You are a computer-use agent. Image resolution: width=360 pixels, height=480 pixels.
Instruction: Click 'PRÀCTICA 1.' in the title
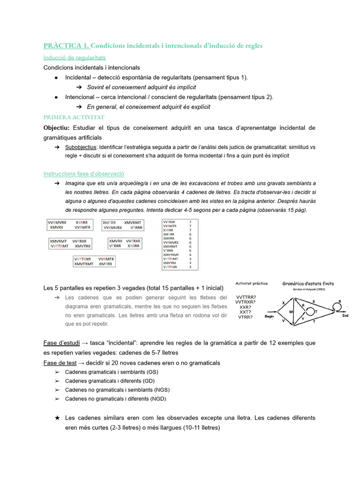point(66,45)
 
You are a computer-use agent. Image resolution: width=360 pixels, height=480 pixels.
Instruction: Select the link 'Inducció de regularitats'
point(75,58)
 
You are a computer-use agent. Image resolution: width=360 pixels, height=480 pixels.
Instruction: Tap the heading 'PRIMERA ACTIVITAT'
point(74,117)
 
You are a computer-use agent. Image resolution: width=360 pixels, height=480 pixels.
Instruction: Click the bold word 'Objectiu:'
point(56,128)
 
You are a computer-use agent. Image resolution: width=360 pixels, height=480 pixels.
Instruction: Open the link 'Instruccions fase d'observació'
point(83,173)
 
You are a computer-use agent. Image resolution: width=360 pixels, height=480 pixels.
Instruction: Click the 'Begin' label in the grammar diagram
point(269,316)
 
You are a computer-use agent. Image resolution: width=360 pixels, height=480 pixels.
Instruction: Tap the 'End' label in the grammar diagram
point(345,315)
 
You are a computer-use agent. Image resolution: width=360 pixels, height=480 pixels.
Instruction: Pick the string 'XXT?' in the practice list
point(245,312)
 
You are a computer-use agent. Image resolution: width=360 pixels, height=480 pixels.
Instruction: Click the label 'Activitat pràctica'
point(252,284)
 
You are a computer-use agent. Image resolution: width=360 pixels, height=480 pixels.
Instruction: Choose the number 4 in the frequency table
point(190,255)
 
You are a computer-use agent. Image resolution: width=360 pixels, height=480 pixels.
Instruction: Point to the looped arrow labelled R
point(338,306)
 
